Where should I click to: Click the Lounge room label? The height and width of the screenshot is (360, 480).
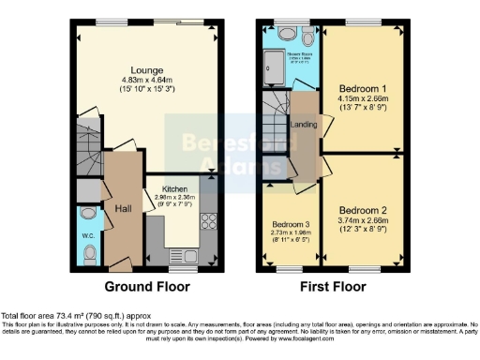[148, 69]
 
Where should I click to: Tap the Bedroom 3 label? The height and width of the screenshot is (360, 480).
[292, 225]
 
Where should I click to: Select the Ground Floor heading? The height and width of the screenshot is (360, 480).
[147, 286]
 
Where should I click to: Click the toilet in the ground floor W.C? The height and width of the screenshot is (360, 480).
[88, 254]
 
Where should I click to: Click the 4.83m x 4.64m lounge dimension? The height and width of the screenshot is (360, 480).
[148, 81]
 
